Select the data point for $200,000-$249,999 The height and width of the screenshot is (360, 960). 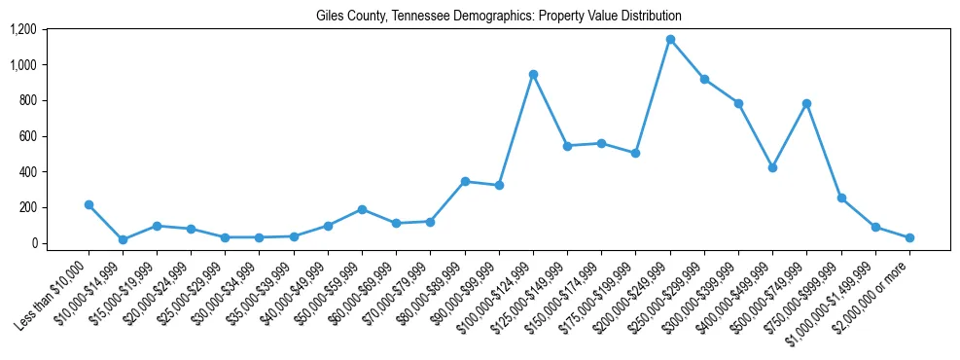pyautogui.click(x=670, y=40)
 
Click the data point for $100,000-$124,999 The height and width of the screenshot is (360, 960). pyautogui.click(x=533, y=74)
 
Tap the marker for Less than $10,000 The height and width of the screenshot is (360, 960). pyautogui.click(x=89, y=204)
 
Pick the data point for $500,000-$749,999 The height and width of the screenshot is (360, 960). pyautogui.click(x=806, y=103)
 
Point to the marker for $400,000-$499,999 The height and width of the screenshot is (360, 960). pyautogui.click(x=772, y=167)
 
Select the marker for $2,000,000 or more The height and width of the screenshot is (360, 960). pyautogui.click(x=909, y=237)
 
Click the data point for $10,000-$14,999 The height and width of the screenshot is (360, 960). pyautogui.click(x=123, y=239)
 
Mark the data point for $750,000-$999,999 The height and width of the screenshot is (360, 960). pyautogui.click(x=841, y=198)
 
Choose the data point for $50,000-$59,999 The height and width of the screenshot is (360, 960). pyautogui.click(x=362, y=209)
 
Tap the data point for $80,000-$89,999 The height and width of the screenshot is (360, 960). pyautogui.click(x=465, y=181)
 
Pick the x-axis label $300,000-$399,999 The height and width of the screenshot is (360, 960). pyautogui.click(x=705, y=291)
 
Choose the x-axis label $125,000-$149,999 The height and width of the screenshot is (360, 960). pyautogui.click(x=534, y=291)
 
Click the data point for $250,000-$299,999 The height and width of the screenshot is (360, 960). pyautogui.click(x=704, y=79)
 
